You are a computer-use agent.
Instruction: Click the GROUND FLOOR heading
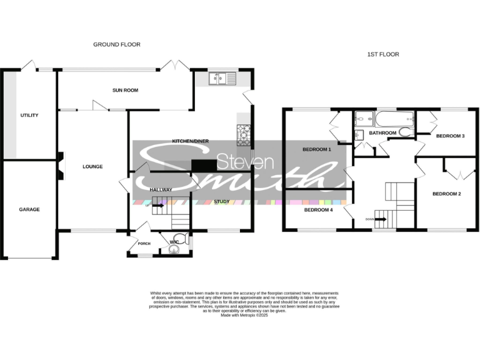(117, 44)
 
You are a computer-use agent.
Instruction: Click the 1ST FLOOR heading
(382, 54)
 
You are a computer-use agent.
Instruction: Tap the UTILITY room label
(29, 115)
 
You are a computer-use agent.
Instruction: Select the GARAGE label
(29, 209)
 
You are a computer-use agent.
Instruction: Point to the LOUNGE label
(92, 166)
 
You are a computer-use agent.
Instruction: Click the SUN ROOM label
(125, 91)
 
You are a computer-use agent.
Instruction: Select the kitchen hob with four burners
(243, 132)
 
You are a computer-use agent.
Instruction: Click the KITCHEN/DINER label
(190, 142)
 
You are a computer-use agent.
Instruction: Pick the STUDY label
(221, 201)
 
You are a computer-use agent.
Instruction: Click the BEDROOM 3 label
(450, 136)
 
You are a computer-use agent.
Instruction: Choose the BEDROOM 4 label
(318, 210)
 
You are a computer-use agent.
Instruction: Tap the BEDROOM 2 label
(446, 194)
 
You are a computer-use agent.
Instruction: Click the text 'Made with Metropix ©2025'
(244, 315)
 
